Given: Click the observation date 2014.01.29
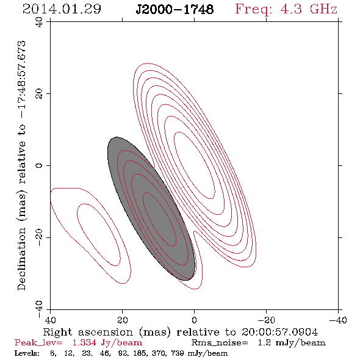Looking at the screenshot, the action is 62,9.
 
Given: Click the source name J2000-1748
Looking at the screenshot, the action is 175,9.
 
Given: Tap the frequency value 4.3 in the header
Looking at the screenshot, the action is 291,9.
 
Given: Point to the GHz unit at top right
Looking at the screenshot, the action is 323,9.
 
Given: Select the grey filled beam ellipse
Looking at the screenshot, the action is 151,209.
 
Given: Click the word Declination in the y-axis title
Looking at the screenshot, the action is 21,259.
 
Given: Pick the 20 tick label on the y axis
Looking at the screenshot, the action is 39,94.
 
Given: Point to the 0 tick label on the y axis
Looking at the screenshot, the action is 39,165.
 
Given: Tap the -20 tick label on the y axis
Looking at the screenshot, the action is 39,237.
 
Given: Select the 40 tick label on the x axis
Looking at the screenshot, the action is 50,320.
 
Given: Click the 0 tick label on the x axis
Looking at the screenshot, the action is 194,320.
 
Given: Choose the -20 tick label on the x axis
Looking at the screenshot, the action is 266,320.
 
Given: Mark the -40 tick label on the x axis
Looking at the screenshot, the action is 338,320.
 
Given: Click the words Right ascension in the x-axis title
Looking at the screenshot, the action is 88,332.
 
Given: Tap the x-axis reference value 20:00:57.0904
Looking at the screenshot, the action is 279,332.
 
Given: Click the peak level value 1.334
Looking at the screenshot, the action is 84,343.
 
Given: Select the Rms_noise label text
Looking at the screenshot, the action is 220,343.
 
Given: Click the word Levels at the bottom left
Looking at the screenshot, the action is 27,353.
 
